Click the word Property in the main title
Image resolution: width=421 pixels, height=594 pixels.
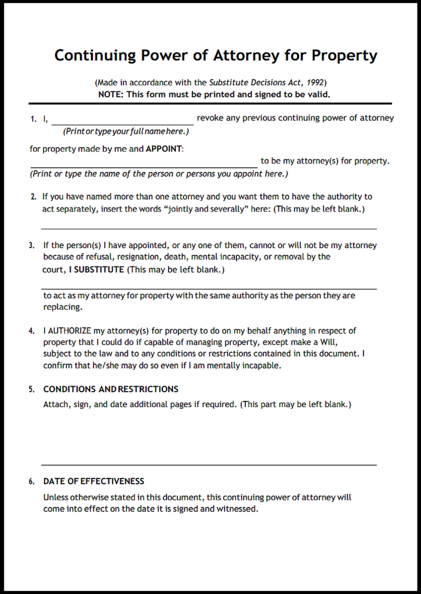(344, 56)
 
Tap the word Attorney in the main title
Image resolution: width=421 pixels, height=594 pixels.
(246, 56)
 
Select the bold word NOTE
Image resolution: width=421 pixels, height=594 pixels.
(110, 94)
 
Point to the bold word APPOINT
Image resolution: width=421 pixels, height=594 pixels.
(164, 149)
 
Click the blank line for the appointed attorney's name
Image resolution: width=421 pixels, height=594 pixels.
(144, 166)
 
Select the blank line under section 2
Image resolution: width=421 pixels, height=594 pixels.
(209, 228)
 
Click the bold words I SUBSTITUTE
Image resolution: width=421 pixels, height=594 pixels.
(96, 270)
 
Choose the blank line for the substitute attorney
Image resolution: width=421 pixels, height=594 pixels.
(209, 288)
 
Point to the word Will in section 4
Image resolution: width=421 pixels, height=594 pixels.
(328, 342)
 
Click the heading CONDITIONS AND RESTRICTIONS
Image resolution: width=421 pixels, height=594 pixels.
(111, 389)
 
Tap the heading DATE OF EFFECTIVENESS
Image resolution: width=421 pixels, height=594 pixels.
(94, 481)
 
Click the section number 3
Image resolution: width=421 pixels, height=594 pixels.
(31, 245)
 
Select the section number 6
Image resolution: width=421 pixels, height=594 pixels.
(31, 482)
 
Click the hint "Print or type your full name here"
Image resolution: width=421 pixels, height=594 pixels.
(126, 131)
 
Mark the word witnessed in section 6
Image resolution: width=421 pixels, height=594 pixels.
(237, 509)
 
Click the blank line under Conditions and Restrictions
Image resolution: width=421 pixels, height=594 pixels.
(209, 464)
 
